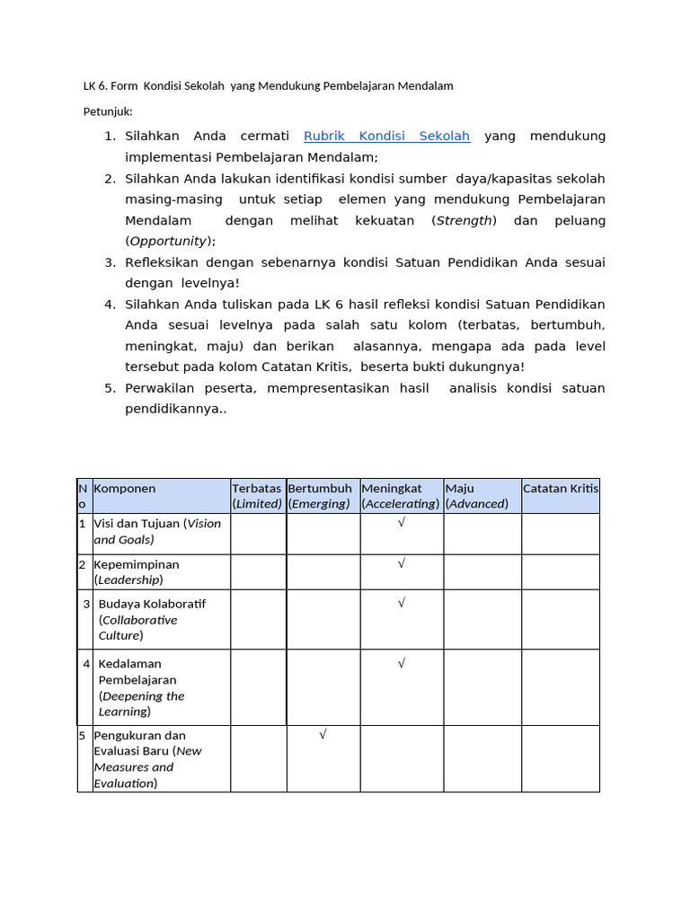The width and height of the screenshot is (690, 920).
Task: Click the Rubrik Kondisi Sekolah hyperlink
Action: click(386, 137)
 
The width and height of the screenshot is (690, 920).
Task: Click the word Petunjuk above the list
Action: click(108, 111)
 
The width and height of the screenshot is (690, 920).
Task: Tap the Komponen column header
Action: click(125, 489)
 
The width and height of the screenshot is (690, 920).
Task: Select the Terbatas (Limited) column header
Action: click(257, 496)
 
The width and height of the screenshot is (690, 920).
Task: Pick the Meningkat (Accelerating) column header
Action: click(401, 496)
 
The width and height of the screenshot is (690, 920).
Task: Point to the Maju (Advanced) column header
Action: click(477, 496)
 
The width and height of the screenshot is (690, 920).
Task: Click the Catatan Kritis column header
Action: click(561, 489)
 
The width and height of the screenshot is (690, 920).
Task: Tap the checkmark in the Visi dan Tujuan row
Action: click(402, 523)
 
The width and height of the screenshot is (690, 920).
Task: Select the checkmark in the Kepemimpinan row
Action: click(402, 563)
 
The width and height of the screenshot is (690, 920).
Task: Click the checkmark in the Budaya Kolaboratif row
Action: click(402, 603)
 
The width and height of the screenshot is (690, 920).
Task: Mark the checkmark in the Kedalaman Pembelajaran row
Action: click(402, 663)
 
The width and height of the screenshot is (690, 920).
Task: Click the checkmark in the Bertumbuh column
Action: click(323, 734)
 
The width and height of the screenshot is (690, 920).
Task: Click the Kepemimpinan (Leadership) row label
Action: click(137, 572)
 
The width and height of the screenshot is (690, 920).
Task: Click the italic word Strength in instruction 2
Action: click(464, 221)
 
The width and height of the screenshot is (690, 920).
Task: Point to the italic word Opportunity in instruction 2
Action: click(168, 242)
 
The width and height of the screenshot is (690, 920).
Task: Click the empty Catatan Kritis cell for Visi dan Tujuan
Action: click(561, 534)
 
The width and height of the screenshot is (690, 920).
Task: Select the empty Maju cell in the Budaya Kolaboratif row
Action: click(482, 619)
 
